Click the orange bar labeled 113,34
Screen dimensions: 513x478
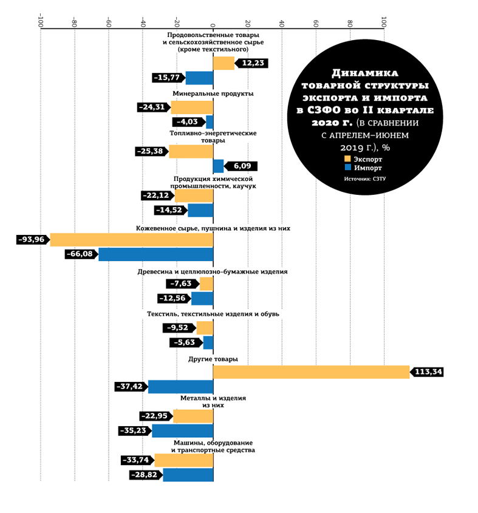pos(312,372)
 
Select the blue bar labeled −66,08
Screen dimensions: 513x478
pos(156,254)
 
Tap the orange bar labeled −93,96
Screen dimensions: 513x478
pos(132,240)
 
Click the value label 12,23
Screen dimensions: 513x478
pos(253,63)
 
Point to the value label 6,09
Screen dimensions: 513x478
pos(243,166)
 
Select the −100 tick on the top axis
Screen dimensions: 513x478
pos(40,22)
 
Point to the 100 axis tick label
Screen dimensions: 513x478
pos(384,23)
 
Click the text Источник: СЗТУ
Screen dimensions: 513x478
pos(365,179)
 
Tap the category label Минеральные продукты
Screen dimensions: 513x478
pos(213,94)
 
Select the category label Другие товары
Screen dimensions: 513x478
pos(213,359)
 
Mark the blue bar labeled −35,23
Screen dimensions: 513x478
pos(183,431)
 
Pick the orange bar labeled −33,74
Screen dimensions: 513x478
pos(184,460)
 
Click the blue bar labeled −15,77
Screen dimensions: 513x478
pos(199,78)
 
